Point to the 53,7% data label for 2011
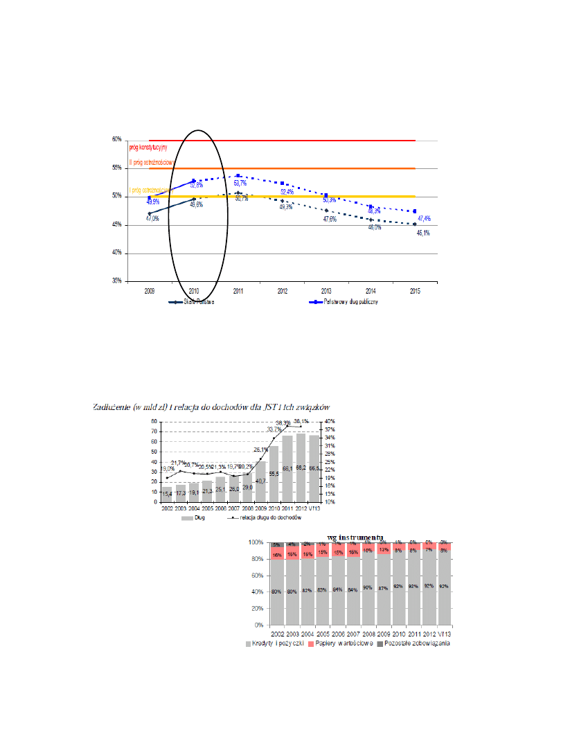[x=240, y=183]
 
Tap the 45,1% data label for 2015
[x=422, y=233]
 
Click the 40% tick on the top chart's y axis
[x=117, y=253]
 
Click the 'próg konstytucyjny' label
[x=148, y=148]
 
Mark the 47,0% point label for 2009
[x=152, y=218]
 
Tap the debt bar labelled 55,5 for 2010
[x=274, y=474]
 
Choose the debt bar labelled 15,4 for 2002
[x=167, y=494]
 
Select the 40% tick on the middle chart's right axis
[x=330, y=421]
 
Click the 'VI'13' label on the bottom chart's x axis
[x=443, y=633]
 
